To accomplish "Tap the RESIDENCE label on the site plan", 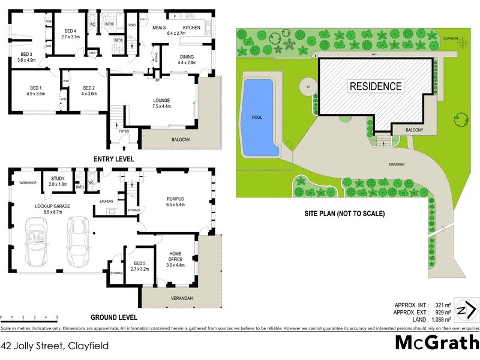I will coord(376,86).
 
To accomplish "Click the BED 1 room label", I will coord(35,91).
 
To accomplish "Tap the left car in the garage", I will coord(37,242).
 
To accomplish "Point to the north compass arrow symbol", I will coord(468,310).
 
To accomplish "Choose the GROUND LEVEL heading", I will coord(113,317).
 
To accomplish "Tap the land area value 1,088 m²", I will coord(435,320).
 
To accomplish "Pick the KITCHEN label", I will coord(191,28).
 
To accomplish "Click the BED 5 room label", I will coord(139,265).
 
